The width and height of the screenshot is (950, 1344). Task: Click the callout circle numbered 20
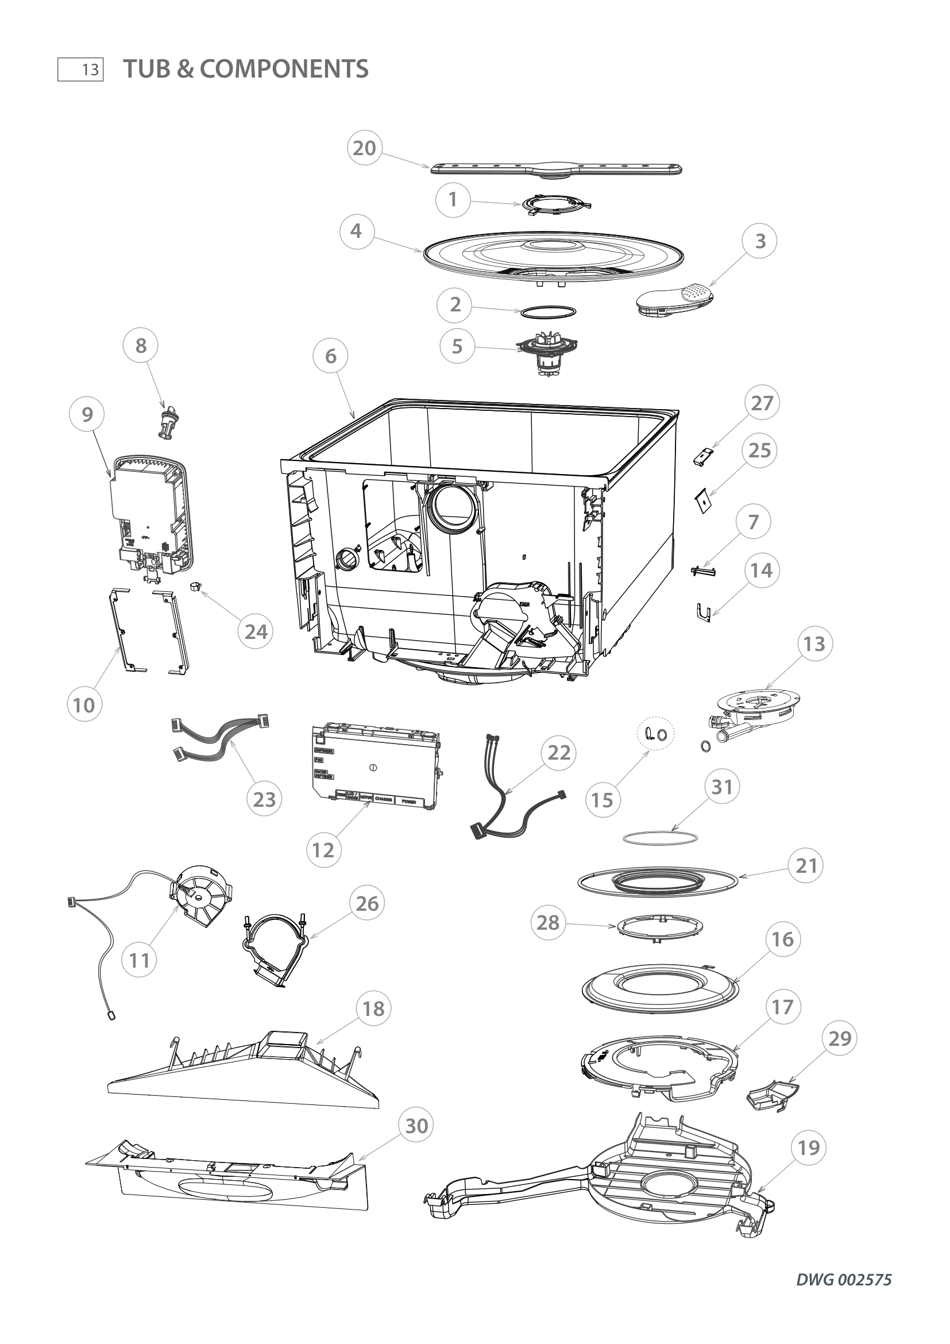tap(365, 148)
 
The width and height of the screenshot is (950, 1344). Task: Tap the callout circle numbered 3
tap(760, 241)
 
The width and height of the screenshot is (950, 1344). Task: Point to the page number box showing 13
tap(81, 70)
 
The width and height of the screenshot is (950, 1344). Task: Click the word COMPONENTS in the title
tap(284, 68)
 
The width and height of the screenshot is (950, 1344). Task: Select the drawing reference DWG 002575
tap(844, 1280)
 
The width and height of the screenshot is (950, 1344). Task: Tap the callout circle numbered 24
tap(256, 631)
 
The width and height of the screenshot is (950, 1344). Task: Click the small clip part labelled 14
tap(704, 613)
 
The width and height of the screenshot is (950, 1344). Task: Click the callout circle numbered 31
tap(722, 787)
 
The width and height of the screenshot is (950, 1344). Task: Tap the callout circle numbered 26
tap(368, 903)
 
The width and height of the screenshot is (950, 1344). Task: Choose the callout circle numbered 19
tap(809, 1148)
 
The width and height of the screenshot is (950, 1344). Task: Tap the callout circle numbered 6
tap(330, 356)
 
